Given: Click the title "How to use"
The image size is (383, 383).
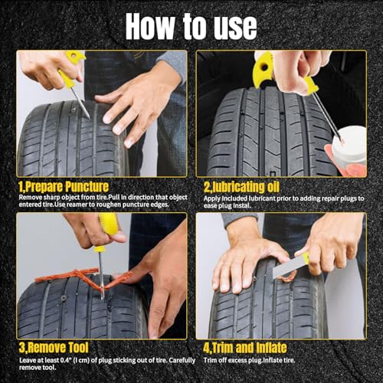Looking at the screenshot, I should click(x=191, y=25).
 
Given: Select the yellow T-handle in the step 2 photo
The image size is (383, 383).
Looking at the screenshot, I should click(x=264, y=69).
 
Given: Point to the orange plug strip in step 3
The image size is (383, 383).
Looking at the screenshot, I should click(x=69, y=276).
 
